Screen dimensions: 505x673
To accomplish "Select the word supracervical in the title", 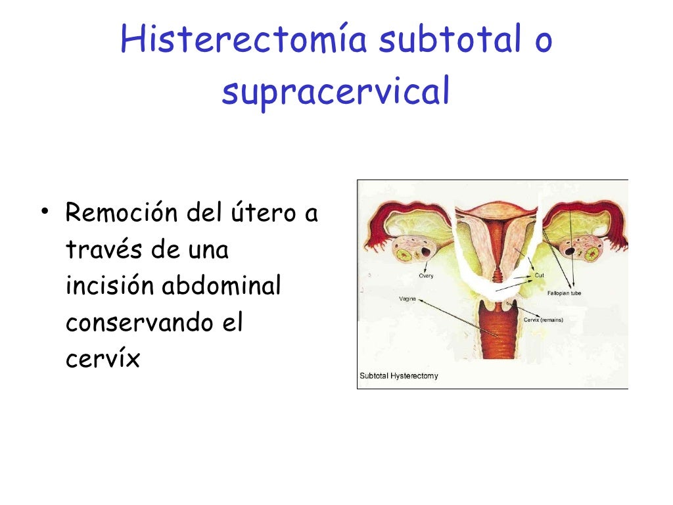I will [336, 92].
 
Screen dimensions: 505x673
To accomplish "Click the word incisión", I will [110, 287].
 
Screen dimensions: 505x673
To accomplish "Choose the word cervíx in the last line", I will [103, 360].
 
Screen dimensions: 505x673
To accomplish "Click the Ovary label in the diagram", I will [426, 276].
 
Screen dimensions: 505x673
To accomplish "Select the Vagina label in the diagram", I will [407, 299].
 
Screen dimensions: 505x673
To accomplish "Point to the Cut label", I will [539, 276].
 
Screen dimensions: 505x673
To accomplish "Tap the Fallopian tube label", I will [564, 293].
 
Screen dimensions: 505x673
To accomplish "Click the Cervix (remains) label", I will [543, 320].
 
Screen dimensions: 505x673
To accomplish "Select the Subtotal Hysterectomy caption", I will [399, 376].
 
